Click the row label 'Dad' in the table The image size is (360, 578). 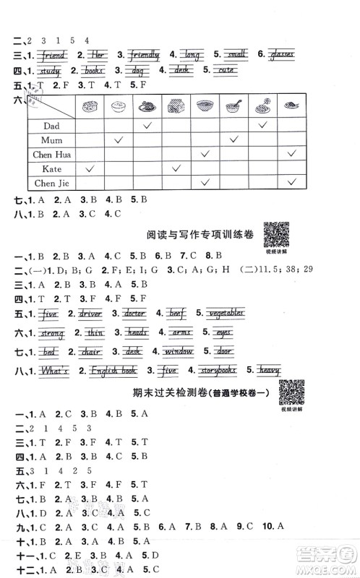coord(51,125)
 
